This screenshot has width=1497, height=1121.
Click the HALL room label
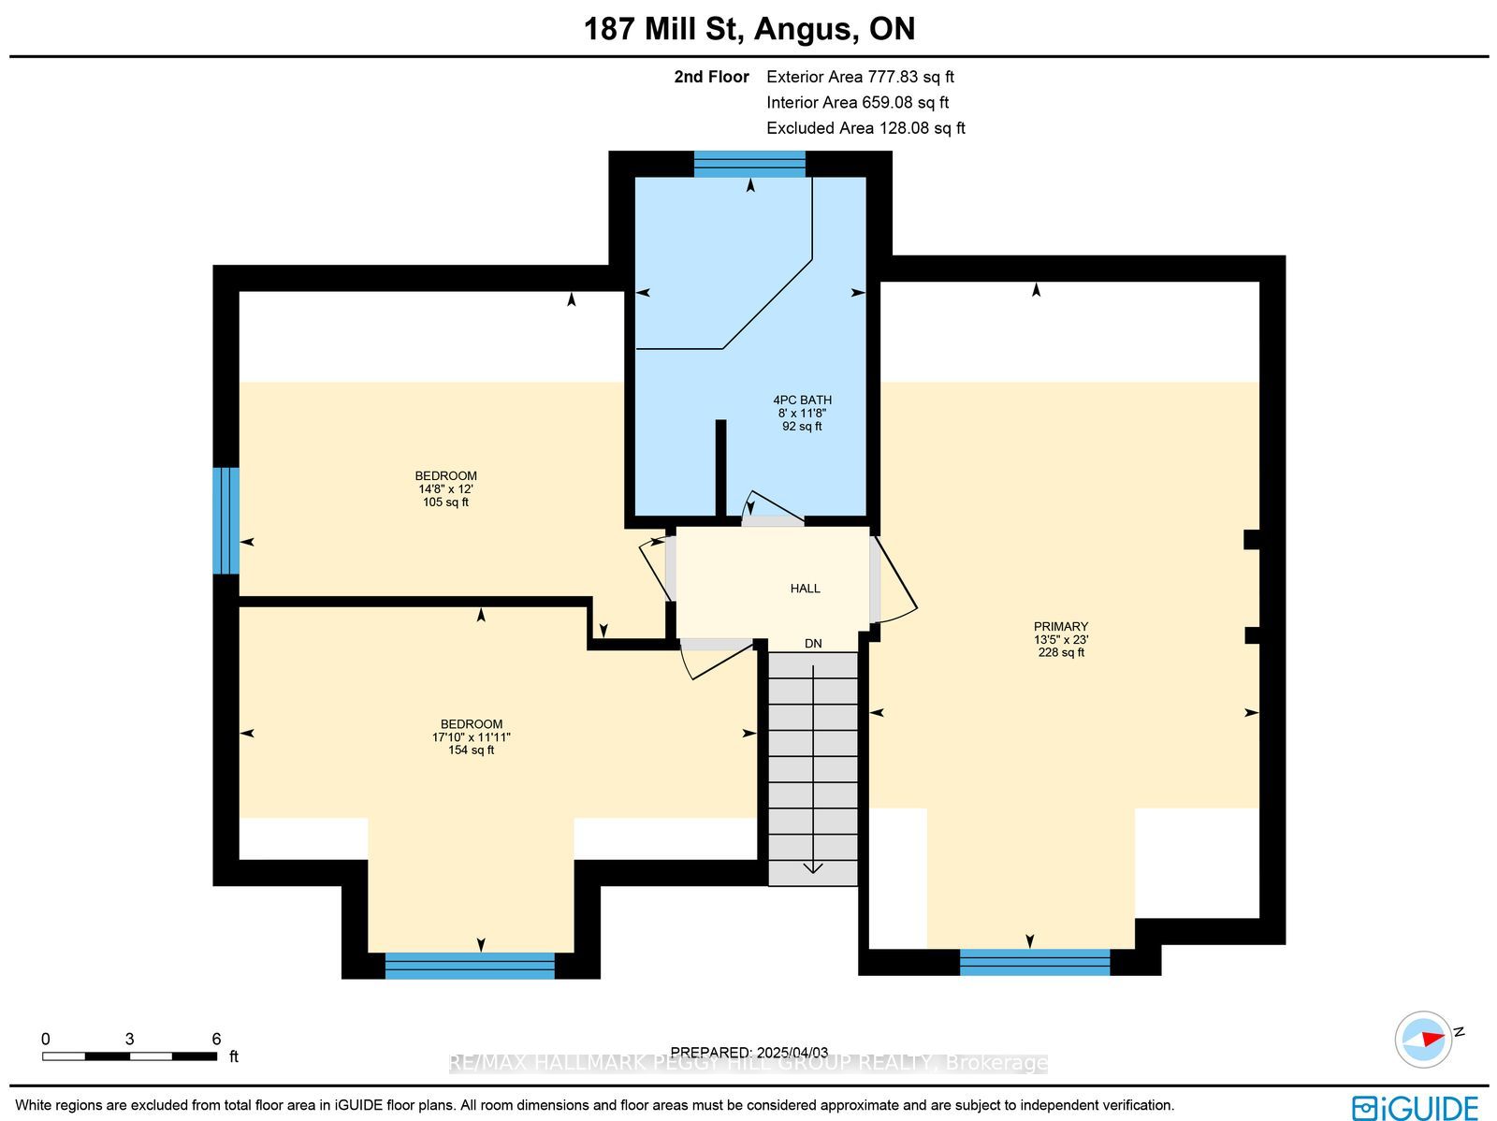[805, 589]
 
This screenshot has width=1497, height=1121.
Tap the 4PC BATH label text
[802, 400]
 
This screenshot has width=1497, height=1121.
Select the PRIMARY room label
[1060, 627]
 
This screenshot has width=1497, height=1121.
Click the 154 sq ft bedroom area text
[471, 750]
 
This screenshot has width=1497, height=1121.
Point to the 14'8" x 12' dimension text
[445, 488]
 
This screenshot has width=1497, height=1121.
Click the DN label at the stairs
[813, 644]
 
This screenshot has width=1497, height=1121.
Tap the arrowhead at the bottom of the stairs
[813, 868]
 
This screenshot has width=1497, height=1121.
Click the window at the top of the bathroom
[749, 165]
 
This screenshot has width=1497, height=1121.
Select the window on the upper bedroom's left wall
[225, 521]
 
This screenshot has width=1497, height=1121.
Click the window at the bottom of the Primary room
[1035, 962]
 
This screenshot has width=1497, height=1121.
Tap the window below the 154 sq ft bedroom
[470, 966]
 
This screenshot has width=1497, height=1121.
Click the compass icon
[1423, 1040]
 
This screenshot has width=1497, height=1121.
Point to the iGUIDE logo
[1415, 1107]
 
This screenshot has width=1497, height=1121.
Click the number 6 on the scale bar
[216, 1040]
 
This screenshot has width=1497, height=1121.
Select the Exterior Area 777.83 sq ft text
[860, 77]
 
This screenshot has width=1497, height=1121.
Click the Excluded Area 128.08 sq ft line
[865, 128]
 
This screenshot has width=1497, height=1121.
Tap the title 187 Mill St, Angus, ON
[748, 29]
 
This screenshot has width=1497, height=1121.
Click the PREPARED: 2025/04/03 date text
[748, 1053]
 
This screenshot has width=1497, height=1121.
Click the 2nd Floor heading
[711, 77]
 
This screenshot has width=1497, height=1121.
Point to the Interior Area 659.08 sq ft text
[857, 102]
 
